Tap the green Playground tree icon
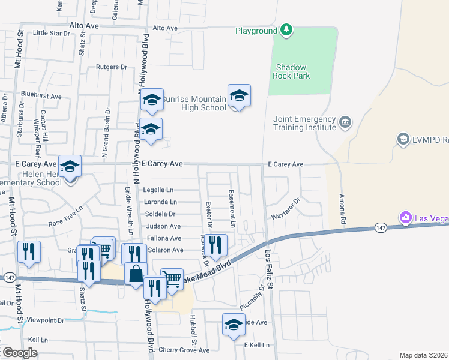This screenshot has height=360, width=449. point(287,29)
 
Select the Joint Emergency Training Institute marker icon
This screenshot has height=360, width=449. point(345,123)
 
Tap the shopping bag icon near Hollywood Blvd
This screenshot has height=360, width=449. point(136,274)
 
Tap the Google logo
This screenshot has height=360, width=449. point(19,353)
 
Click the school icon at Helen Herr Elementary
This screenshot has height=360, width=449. point(70,166)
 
